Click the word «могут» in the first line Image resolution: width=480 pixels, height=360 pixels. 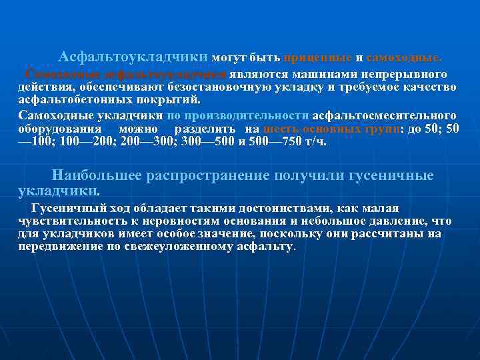coord(229,57)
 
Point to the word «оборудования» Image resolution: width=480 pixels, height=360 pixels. coord(60,129)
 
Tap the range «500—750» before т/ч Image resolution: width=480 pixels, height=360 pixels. coord(273,141)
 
